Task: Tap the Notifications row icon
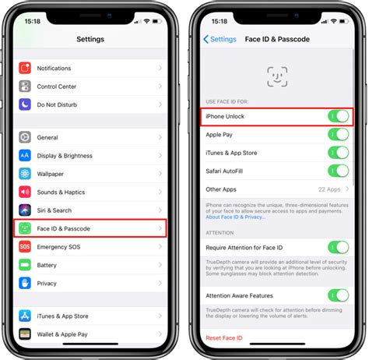click(x=25, y=69)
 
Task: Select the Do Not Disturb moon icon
click(x=25, y=104)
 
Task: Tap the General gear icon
click(x=25, y=137)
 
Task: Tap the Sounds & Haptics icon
click(x=25, y=192)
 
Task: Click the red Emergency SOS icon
click(x=25, y=247)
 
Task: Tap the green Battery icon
click(x=25, y=266)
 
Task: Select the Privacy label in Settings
click(x=47, y=284)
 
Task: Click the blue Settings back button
click(x=220, y=39)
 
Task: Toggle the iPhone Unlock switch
click(x=337, y=116)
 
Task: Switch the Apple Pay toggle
click(x=337, y=134)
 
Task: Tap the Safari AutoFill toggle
click(x=337, y=171)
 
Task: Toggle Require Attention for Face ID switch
click(x=337, y=247)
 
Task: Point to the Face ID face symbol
click(x=276, y=76)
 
